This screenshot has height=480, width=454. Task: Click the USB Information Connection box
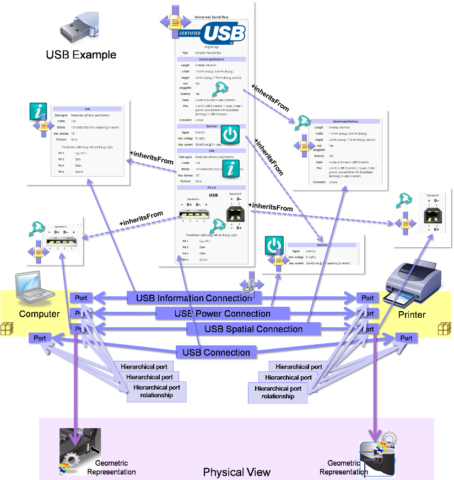click(x=190, y=298)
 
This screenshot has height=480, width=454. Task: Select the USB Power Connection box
click(x=222, y=313)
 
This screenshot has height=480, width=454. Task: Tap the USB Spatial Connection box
click(x=253, y=329)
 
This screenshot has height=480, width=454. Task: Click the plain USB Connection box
click(x=216, y=352)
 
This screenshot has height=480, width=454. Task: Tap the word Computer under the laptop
click(x=39, y=314)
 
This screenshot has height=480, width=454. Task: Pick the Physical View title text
click(x=237, y=472)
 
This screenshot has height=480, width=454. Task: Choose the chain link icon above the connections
click(x=250, y=282)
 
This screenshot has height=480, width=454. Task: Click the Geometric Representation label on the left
click(x=111, y=467)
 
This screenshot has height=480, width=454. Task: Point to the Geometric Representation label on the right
click(x=343, y=467)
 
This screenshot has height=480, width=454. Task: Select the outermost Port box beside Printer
click(x=406, y=338)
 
